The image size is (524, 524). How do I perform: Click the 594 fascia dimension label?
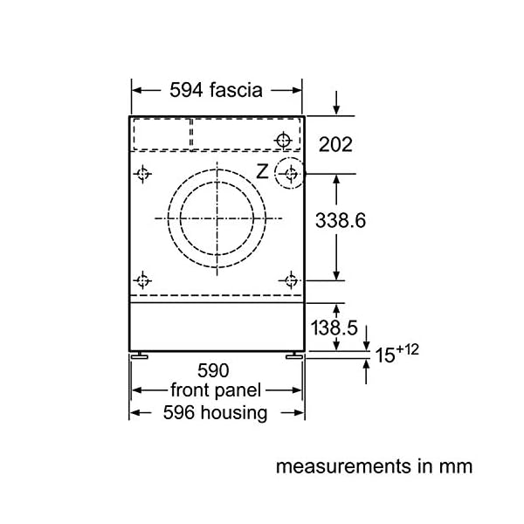pos(216,90)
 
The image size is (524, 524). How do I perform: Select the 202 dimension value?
pos(335,144)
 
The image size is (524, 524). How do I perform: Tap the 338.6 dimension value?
pos(341,221)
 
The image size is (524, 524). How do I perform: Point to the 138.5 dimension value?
pos(334,327)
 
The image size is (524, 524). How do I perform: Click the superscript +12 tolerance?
pos(407,349)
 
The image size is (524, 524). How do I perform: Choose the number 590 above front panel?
pos(213,370)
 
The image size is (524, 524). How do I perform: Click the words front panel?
pos(216,390)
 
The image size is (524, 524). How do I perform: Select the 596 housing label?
pos(215,413)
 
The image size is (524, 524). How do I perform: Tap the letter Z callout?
pos(262,172)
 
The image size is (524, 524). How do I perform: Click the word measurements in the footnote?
pos(343,466)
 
